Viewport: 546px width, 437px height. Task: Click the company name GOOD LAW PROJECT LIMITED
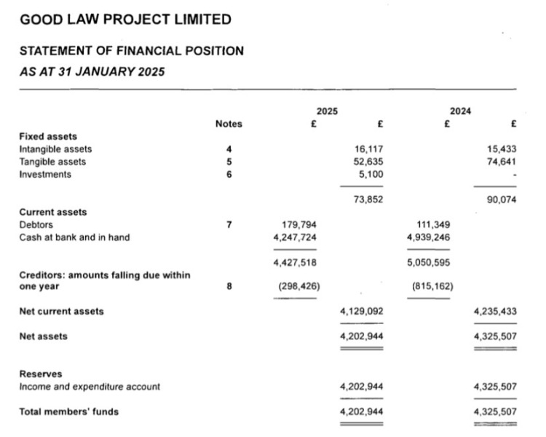[125, 20]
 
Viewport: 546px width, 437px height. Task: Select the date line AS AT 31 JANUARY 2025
[92, 71]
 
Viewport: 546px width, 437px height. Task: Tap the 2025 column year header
[327, 111]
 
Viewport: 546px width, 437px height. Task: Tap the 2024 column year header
[461, 111]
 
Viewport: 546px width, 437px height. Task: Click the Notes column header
[229, 124]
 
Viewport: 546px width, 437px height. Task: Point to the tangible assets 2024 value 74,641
[502, 162]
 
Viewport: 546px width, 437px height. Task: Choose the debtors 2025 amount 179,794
[299, 224]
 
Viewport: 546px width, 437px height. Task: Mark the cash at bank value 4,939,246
[430, 237]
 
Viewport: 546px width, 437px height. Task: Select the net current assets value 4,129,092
[362, 311]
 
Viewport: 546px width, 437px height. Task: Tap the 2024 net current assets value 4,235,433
[495, 311]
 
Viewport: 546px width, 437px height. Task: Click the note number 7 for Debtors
[229, 224]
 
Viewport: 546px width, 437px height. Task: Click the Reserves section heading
[41, 374]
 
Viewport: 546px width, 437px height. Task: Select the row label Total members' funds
[68, 412]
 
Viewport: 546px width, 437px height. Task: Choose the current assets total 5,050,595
[430, 261]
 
